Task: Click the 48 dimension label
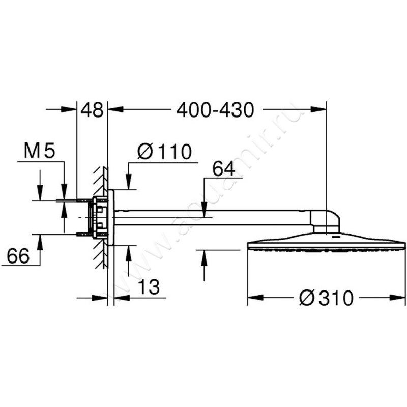(x=92, y=109)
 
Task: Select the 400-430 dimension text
(x=215, y=109)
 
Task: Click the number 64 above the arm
(x=224, y=168)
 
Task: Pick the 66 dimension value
(x=18, y=256)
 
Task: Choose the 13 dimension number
(x=149, y=287)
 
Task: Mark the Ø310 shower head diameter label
(x=326, y=298)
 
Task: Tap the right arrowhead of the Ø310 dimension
(x=397, y=298)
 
